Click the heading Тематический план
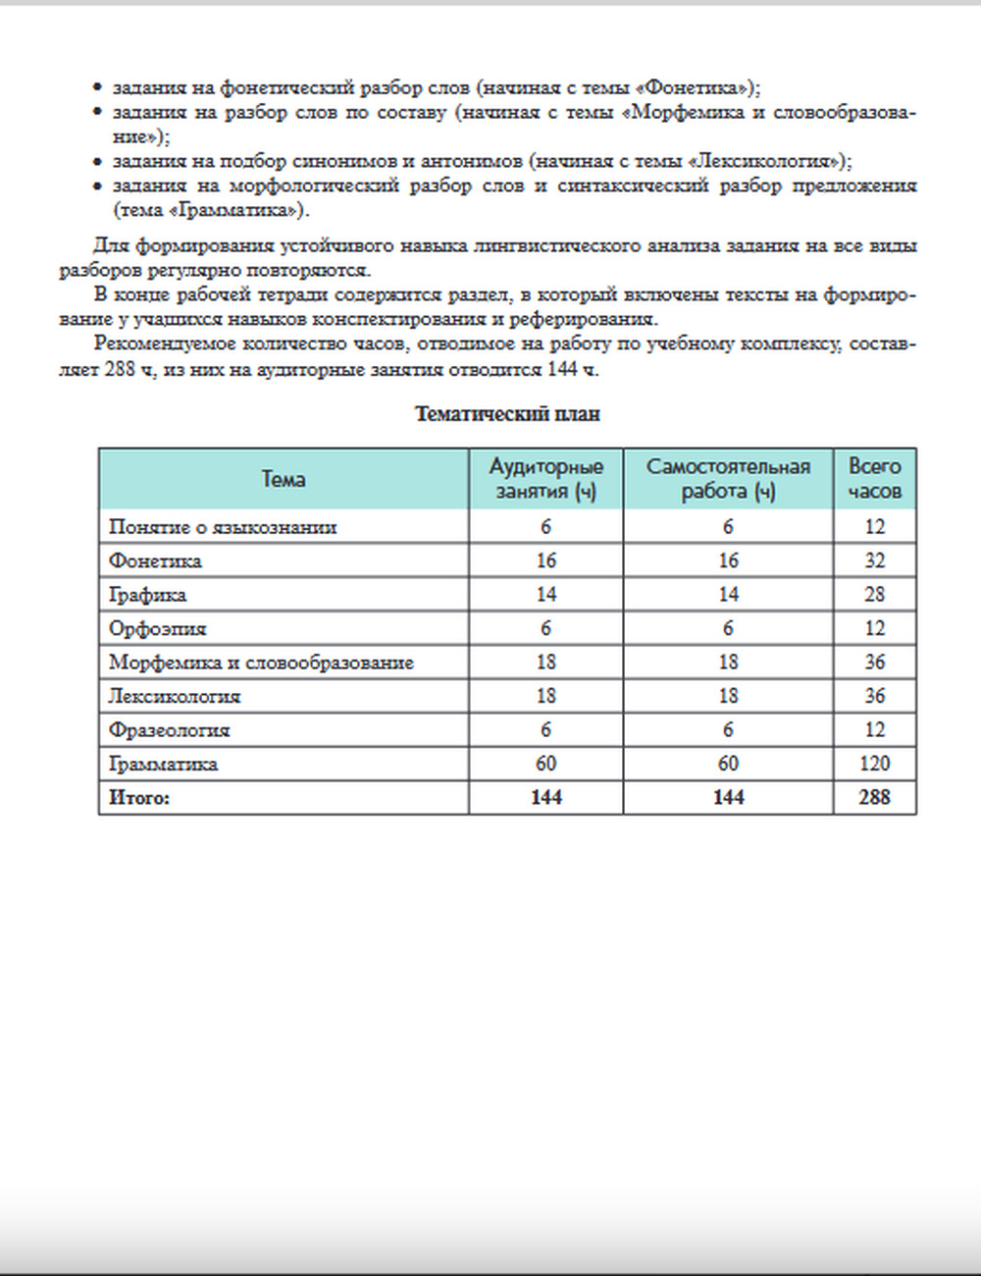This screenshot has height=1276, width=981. tap(507, 414)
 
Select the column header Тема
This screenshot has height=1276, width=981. tap(284, 479)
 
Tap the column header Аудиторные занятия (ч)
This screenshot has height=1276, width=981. tap(545, 479)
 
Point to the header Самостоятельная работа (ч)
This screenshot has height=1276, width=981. tap(728, 479)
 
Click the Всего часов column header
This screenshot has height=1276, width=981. tap(874, 479)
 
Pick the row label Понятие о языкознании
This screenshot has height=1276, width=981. tap(223, 527)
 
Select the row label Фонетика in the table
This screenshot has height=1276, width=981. tap(155, 561)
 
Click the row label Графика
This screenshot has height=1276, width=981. tap(147, 595)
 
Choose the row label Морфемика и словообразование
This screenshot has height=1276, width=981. tap(261, 663)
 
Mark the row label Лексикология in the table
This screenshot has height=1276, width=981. tap(175, 697)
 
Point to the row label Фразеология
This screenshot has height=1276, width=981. tap(169, 730)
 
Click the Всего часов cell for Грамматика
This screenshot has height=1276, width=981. tap(874, 764)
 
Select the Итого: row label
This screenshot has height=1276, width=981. tap(139, 798)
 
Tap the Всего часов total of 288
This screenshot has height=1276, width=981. tap(874, 798)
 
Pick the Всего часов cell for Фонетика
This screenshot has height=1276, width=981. tap(874, 561)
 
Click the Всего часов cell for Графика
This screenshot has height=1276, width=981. tap(874, 595)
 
